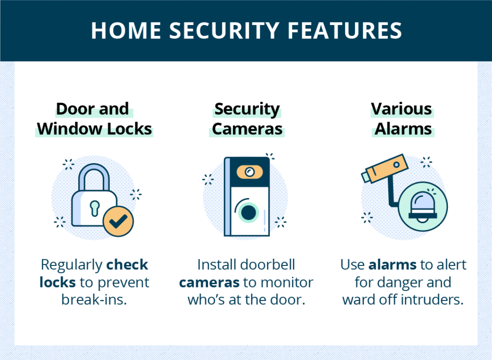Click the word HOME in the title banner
[x=126, y=31]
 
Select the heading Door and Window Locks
[x=94, y=119]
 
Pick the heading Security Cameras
[x=247, y=119]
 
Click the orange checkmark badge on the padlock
[x=118, y=222]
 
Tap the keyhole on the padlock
[x=94, y=205]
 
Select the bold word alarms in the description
[x=387, y=264]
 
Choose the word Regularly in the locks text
[x=71, y=264]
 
